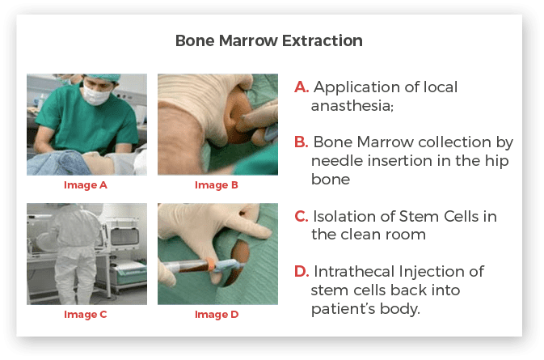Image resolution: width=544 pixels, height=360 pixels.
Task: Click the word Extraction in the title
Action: [323, 40]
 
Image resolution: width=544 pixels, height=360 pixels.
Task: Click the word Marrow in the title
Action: [248, 40]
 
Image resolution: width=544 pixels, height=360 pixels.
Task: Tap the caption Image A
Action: [86, 185]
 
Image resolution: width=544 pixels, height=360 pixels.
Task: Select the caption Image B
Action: [216, 185]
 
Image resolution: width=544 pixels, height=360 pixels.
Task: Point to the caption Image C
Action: [86, 315]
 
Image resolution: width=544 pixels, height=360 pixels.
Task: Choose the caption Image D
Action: [217, 315]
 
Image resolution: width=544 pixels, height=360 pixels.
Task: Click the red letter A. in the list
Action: [302, 87]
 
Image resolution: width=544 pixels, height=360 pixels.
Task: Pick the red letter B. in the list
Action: [302, 142]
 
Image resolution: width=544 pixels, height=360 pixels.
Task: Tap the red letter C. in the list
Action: [302, 216]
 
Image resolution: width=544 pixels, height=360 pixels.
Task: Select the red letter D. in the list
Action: [302, 272]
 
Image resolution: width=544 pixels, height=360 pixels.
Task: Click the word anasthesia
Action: [352, 106]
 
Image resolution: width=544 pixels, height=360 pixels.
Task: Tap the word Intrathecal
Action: [355, 271]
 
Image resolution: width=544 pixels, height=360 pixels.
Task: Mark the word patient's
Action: [343, 308]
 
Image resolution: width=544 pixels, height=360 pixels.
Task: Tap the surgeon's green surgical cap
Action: [103, 78]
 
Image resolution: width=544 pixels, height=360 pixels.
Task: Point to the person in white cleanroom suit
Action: [72, 253]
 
